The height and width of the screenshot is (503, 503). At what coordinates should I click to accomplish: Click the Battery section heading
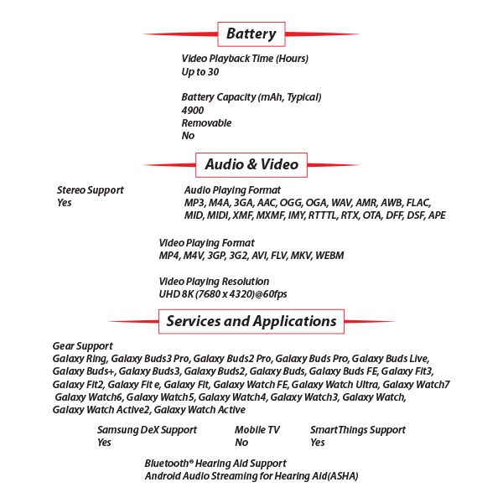pos(251,34)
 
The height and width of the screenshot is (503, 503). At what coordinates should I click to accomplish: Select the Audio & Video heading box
pos(251,164)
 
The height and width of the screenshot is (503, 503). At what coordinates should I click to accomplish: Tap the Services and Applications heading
pos(251,321)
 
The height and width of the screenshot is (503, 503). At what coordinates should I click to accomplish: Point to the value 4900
pos(192,110)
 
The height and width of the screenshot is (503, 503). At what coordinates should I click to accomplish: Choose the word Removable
pos(206,123)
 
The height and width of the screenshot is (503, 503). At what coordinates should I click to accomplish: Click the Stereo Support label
pos(90,190)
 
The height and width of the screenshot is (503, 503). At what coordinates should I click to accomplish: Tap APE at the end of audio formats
pos(436,215)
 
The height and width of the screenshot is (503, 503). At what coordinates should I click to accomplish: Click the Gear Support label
pos(82,345)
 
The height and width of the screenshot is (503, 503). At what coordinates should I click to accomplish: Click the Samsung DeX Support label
pos(147,430)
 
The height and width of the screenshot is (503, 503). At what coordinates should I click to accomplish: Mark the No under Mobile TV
pos(241,443)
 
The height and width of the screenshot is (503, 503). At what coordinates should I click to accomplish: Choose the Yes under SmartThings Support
pos(318,443)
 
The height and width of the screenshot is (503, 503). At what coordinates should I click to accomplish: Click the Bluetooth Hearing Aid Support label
pos(215,464)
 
